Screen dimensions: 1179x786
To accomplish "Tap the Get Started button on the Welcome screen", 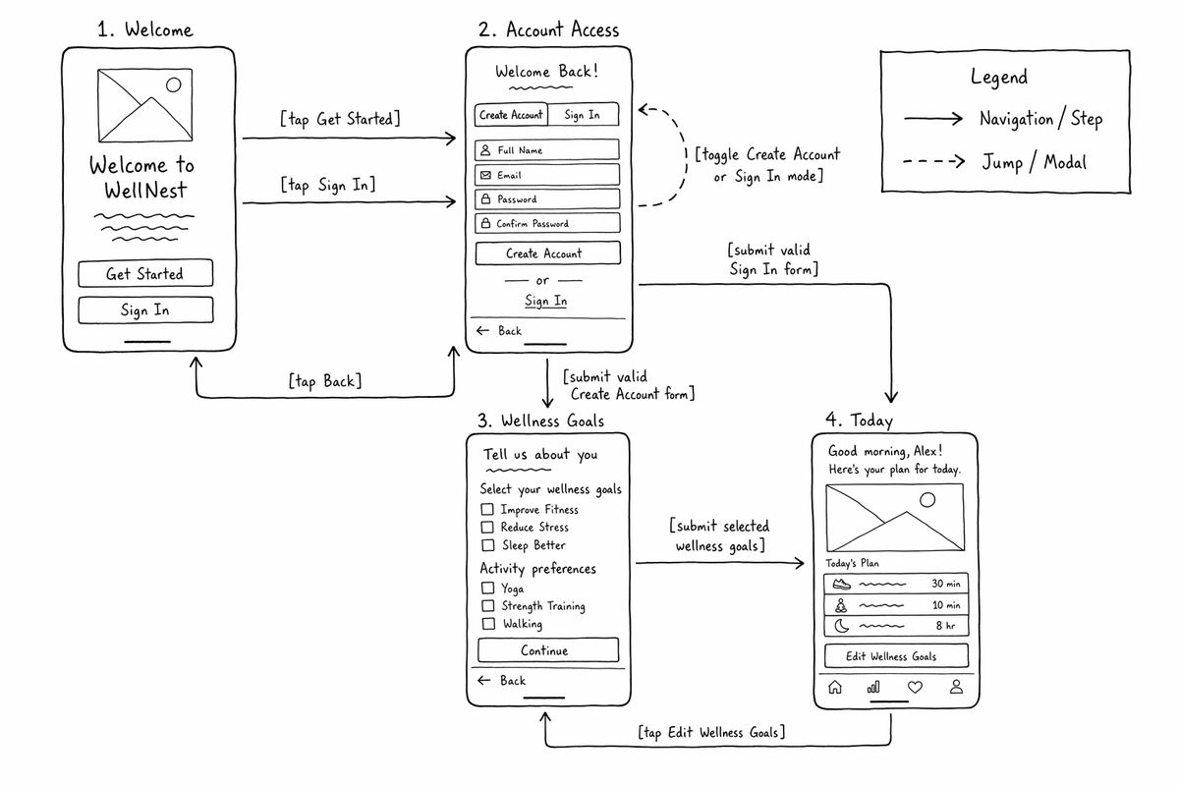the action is point(145,273).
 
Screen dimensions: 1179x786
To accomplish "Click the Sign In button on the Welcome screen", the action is point(145,309).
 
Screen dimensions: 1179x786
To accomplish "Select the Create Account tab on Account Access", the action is point(511,114).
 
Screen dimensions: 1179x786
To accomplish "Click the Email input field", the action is point(547,175).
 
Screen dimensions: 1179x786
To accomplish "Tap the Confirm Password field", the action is point(547,223).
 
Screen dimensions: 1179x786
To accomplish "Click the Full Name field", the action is point(547,150).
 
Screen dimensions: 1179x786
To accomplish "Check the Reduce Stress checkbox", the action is point(487,527).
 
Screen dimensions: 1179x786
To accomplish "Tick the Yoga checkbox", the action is point(488,588).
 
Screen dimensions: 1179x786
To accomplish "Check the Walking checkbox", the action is point(488,623).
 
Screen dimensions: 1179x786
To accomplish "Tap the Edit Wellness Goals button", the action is point(896,656).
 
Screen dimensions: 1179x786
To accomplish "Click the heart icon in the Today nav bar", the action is point(915,687).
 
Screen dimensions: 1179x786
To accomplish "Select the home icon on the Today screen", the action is point(835,687).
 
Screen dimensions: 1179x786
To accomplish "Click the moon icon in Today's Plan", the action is point(842,626).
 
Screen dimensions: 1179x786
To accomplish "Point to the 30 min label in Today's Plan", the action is point(946,584).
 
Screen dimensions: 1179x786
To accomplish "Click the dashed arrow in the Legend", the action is point(933,161).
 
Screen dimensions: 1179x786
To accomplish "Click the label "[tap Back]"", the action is point(325,380).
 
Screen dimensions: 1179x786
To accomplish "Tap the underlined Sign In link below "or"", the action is point(546,301).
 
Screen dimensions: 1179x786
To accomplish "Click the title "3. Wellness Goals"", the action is point(540,421).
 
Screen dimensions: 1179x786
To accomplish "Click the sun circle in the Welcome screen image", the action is point(173,84).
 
